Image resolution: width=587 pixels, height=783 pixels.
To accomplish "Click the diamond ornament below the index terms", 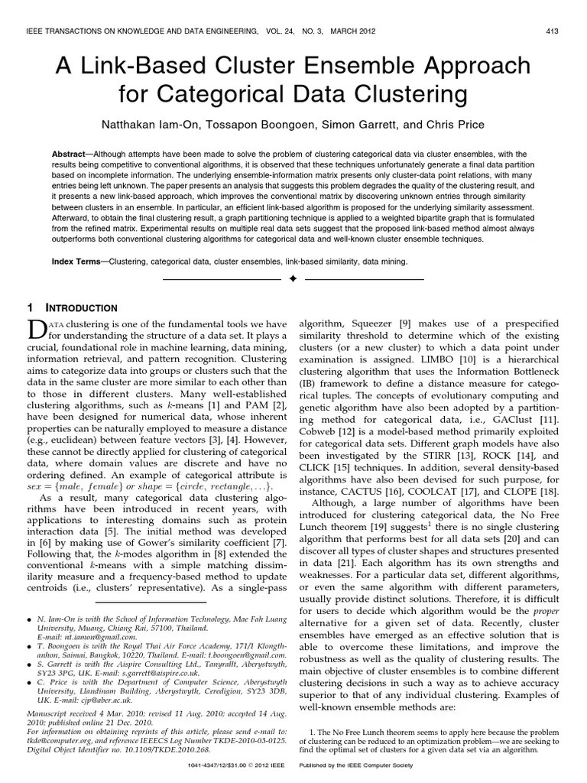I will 293,280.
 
